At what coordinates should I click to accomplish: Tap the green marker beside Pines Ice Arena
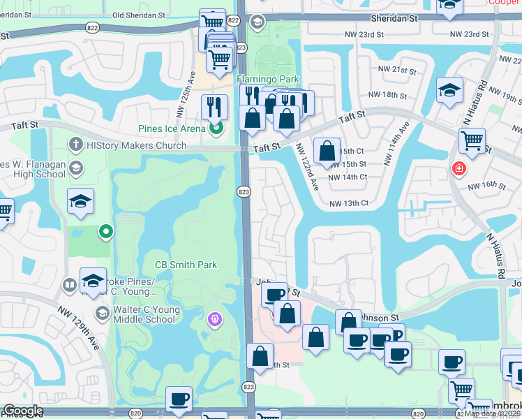click(x=216, y=128)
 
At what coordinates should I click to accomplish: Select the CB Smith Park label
click(x=186, y=265)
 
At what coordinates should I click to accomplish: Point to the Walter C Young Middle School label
click(x=145, y=314)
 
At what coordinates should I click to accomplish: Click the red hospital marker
click(x=458, y=168)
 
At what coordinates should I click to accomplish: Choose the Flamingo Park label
click(x=261, y=79)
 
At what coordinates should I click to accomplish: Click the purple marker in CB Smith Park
click(x=215, y=319)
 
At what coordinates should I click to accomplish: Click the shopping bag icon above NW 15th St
click(x=327, y=149)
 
